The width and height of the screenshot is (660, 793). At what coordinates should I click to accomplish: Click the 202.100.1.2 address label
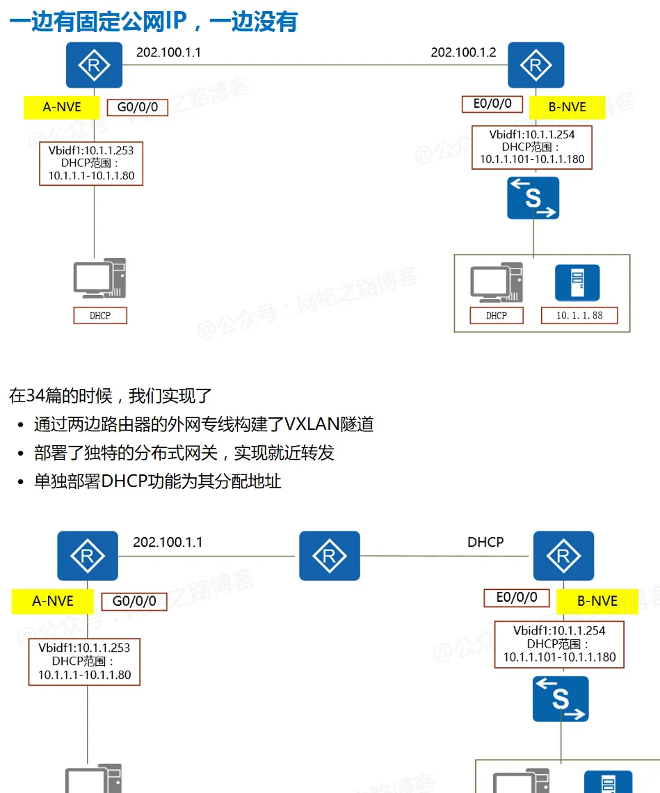(x=463, y=52)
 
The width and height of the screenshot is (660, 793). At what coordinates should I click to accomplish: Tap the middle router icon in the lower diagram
(x=330, y=556)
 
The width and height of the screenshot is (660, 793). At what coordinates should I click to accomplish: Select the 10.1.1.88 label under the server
(x=579, y=315)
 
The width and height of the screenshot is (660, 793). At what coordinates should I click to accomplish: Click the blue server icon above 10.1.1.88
(x=577, y=282)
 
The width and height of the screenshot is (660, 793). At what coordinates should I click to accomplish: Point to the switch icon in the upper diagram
(x=533, y=198)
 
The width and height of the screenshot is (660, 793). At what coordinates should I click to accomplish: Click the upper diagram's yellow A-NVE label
(x=62, y=107)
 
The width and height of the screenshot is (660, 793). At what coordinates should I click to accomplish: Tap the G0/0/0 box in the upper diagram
(x=137, y=108)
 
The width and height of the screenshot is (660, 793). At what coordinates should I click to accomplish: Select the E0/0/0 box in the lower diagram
(x=516, y=598)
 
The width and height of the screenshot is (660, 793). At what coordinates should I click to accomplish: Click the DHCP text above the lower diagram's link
(x=485, y=542)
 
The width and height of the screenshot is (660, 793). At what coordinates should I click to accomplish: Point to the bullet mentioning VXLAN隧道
(x=203, y=424)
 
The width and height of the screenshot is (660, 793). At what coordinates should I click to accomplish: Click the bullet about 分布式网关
(x=184, y=453)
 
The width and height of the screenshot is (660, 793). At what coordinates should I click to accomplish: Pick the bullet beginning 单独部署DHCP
(x=157, y=481)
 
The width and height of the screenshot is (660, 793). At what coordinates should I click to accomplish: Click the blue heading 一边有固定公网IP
(x=153, y=21)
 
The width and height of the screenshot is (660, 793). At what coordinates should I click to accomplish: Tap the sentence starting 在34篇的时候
(x=110, y=396)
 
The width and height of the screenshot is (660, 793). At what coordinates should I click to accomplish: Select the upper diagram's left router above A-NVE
(x=94, y=65)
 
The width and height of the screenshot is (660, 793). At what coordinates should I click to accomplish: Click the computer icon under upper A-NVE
(x=99, y=279)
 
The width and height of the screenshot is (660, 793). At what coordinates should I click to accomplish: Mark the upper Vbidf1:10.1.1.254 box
(x=532, y=147)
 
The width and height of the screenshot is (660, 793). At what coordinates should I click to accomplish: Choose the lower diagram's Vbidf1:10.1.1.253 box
(x=84, y=661)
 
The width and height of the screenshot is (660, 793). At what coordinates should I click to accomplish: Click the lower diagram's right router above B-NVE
(x=563, y=556)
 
